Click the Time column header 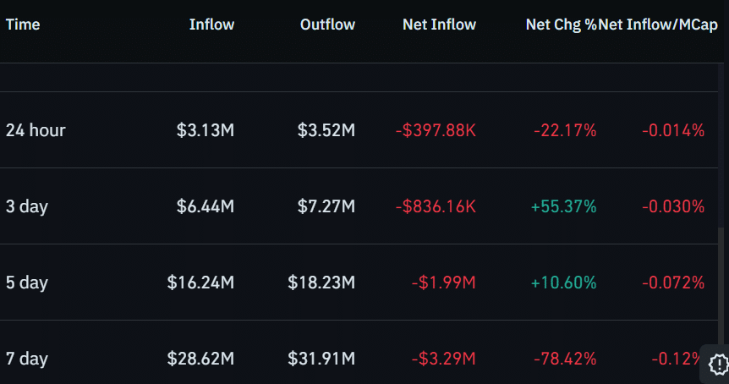point(23,25)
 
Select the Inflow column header point(211,25)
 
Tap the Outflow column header point(327,25)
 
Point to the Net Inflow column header point(439,25)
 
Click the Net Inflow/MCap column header point(658,25)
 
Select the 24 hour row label point(36,130)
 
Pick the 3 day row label point(26,206)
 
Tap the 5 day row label point(26,283)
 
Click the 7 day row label point(26,359)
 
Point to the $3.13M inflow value point(205,130)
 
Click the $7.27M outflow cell point(326,206)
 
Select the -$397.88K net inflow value point(436,130)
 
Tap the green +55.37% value point(563,206)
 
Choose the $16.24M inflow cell point(200,283)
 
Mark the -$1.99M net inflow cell point(443,283)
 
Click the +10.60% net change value point(563,283)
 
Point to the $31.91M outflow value point(321,359)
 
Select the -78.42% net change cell point(565,359)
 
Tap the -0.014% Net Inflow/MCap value point(673,130)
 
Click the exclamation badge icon point(718,364)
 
